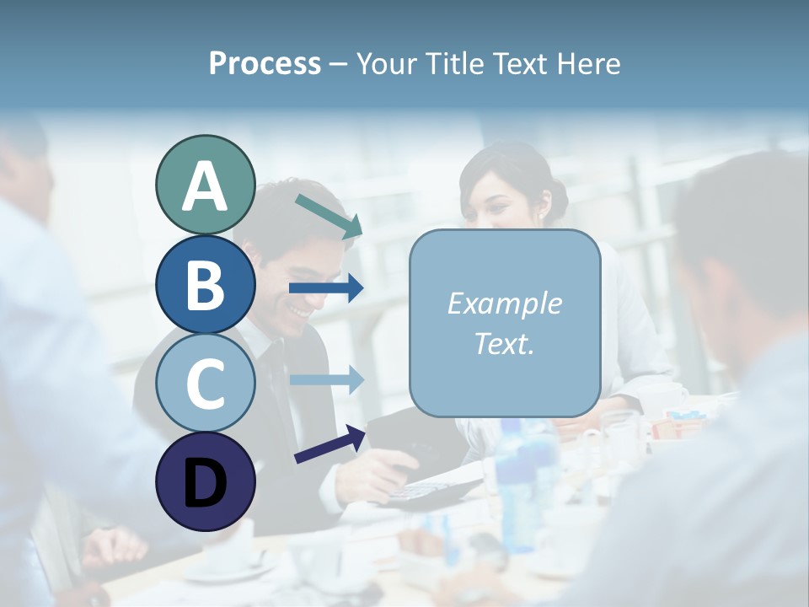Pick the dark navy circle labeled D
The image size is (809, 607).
205,481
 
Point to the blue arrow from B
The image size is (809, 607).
325,288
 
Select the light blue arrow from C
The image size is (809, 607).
325,379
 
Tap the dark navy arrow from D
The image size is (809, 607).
329,444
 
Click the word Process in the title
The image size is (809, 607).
265,63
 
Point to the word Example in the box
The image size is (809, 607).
504,303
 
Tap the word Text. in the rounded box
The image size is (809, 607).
504,343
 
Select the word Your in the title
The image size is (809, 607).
384,63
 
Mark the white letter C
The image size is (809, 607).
205,384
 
